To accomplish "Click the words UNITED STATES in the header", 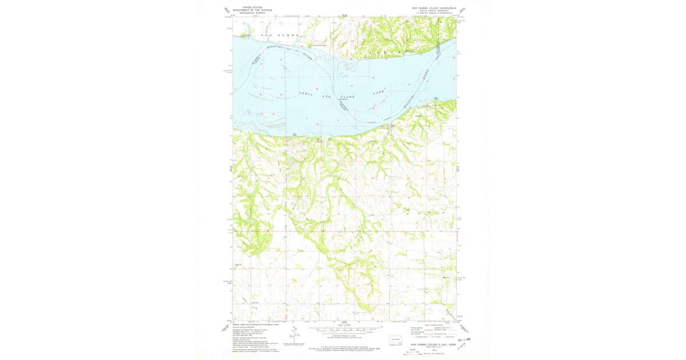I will pyautogui.click(x=252, y=7).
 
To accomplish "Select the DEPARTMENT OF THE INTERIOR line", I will pyautogui.click(x=252, y=10).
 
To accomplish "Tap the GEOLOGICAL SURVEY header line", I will pyautogui.click(x=252, y=13).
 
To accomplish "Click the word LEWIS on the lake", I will pyautogui.click(x=306, y=94).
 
